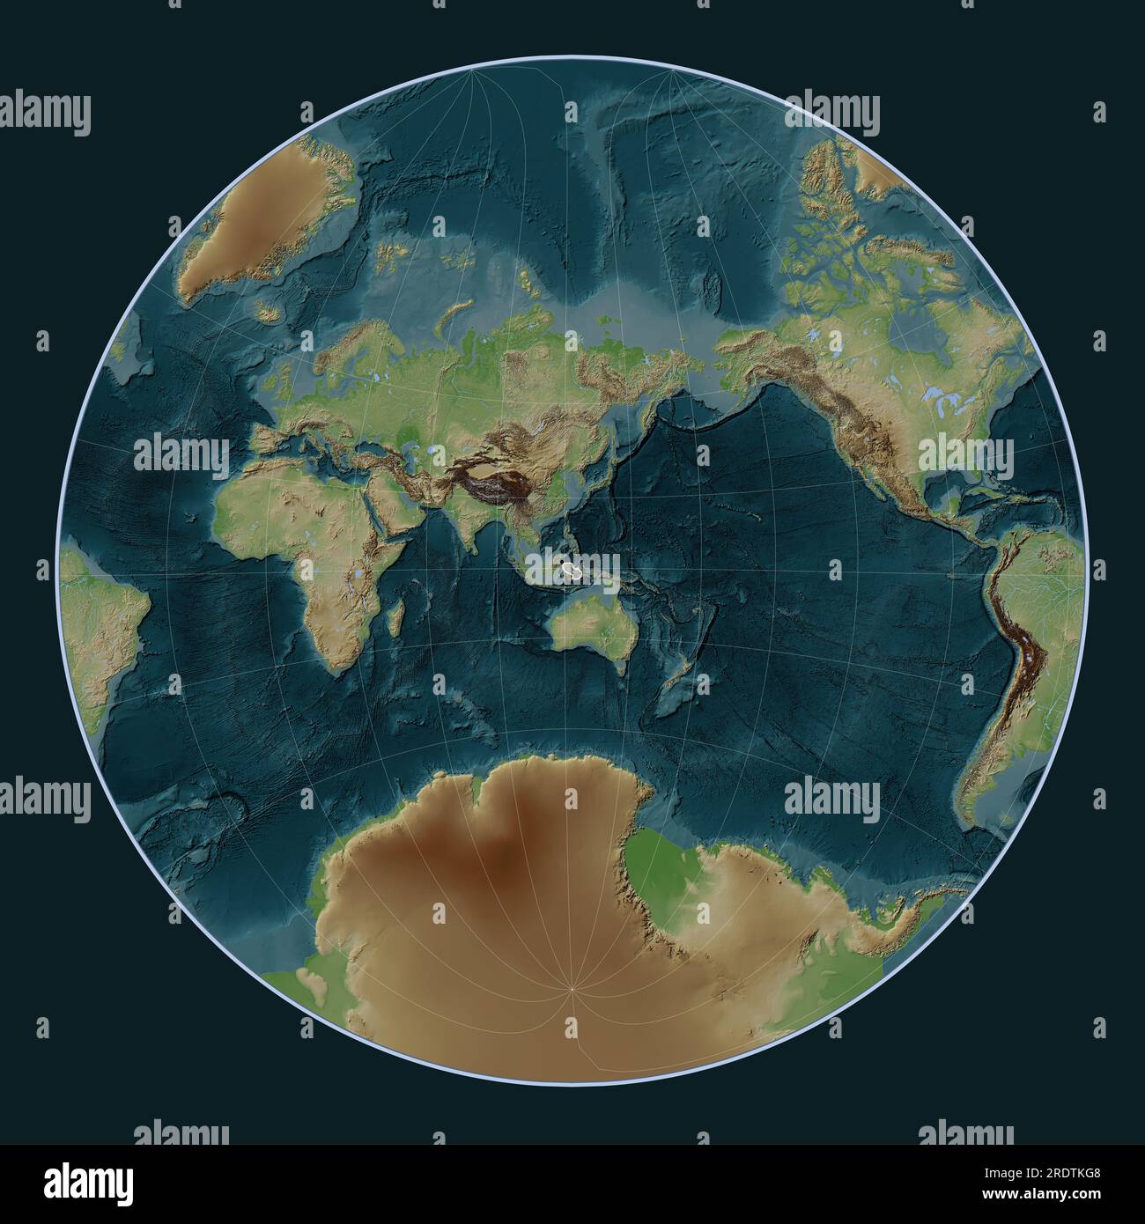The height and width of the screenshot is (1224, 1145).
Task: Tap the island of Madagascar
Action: point(398,613)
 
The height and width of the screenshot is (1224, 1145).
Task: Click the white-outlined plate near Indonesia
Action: point(573,571)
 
